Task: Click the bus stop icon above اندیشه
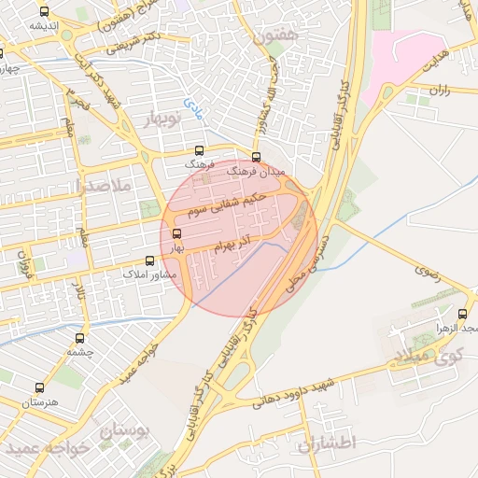tap(45, 12)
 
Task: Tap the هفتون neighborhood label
tap(273, 37)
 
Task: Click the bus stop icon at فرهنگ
tap(199, 151)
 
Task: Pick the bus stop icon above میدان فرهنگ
tap(257, 157)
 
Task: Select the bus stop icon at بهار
tap(177, 234)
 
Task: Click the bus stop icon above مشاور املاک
tap(149, 262)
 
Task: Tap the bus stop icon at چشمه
tap(78, 338)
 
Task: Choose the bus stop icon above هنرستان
tap(39, 387)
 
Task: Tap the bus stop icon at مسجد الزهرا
tap(463, 315)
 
